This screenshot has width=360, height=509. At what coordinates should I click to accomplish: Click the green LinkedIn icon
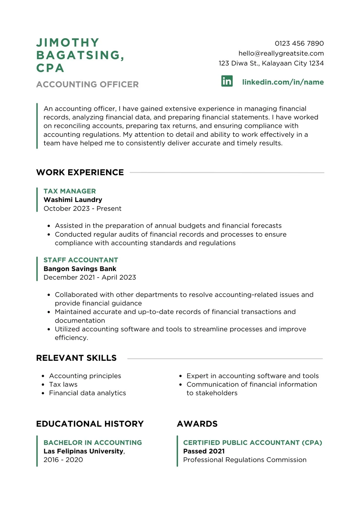coord(227,81)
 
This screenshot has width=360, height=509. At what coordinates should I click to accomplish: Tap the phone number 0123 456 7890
coord(299,43)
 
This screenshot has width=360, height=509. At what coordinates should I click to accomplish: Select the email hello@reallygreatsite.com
coord(281,53)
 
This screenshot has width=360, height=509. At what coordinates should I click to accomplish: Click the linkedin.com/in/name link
coord(283,82)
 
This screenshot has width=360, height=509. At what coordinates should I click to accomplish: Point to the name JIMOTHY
coord(68,43)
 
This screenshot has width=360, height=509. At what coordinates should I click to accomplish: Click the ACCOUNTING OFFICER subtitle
coord(87,84)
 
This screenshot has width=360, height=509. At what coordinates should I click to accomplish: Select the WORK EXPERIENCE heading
coord(80,172)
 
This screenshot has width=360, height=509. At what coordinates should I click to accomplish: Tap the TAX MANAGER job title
coord(69,191)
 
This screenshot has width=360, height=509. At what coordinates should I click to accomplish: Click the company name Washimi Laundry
coord(73,200)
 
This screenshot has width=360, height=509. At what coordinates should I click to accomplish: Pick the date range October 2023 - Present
coord(82,208)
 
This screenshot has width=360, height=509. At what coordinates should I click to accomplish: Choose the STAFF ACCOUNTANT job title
coord(81,260)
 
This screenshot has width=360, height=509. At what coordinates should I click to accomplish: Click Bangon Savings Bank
coord(80,269)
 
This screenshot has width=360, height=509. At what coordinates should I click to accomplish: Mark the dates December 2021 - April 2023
coord(89,277)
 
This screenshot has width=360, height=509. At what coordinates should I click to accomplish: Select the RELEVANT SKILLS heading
coord(76,358)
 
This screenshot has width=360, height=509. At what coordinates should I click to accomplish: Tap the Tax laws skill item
coord(63,384)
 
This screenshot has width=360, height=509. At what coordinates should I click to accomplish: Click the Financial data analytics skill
coord(87,393)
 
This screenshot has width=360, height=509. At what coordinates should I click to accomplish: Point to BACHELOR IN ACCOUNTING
coord(92,443)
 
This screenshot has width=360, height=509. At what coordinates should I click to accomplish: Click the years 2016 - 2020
coord(63,460)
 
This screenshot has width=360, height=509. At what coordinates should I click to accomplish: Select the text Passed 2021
coord(204,451)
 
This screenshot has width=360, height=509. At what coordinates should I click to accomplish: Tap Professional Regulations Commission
coord(244,460)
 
